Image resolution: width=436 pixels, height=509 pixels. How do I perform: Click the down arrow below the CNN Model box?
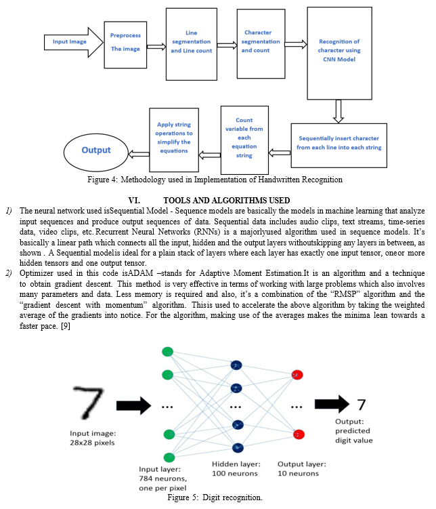point(339,111)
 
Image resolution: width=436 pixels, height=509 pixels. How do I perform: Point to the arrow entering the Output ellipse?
point(139,154)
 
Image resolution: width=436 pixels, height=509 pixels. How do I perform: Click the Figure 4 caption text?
point(215,180)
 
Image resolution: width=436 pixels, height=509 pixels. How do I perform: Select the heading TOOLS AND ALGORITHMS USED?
point(227,201)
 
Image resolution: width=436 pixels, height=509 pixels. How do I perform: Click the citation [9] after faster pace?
point(66,325)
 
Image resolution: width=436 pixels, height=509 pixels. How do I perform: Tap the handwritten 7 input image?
point(89,402)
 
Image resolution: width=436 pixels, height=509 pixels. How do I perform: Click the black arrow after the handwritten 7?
point(133,405)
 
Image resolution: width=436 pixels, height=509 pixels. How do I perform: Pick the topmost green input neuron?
point(168,352)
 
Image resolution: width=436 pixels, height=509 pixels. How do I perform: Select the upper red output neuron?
point(297,375)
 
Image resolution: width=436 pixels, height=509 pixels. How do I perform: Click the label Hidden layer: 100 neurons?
point(236,469)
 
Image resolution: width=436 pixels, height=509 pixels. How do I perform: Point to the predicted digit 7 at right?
point(362,405)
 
